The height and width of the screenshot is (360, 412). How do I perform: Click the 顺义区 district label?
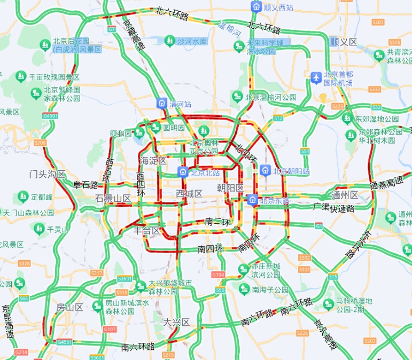point(343,42)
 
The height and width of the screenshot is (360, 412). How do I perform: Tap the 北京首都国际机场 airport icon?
point(316,77)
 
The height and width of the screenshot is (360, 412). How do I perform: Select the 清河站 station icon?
point(161,103)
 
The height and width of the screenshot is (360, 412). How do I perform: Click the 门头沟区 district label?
point(46,174)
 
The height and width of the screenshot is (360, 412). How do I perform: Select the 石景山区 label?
point(113,198)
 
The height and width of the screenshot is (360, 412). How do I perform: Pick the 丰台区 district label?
point(147,231)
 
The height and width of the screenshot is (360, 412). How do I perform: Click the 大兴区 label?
point(176,322)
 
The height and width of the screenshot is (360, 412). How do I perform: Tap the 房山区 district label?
point(69,307)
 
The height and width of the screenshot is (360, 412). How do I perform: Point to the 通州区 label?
point(345,195)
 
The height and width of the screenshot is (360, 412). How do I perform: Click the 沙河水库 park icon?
point(169,41)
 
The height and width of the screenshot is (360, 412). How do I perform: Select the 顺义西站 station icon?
point(256,7)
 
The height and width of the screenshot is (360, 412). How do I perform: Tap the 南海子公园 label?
point(266,290)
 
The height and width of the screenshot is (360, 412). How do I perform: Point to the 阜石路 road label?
point(85,185)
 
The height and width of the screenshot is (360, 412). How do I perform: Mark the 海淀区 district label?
point(153,160)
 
